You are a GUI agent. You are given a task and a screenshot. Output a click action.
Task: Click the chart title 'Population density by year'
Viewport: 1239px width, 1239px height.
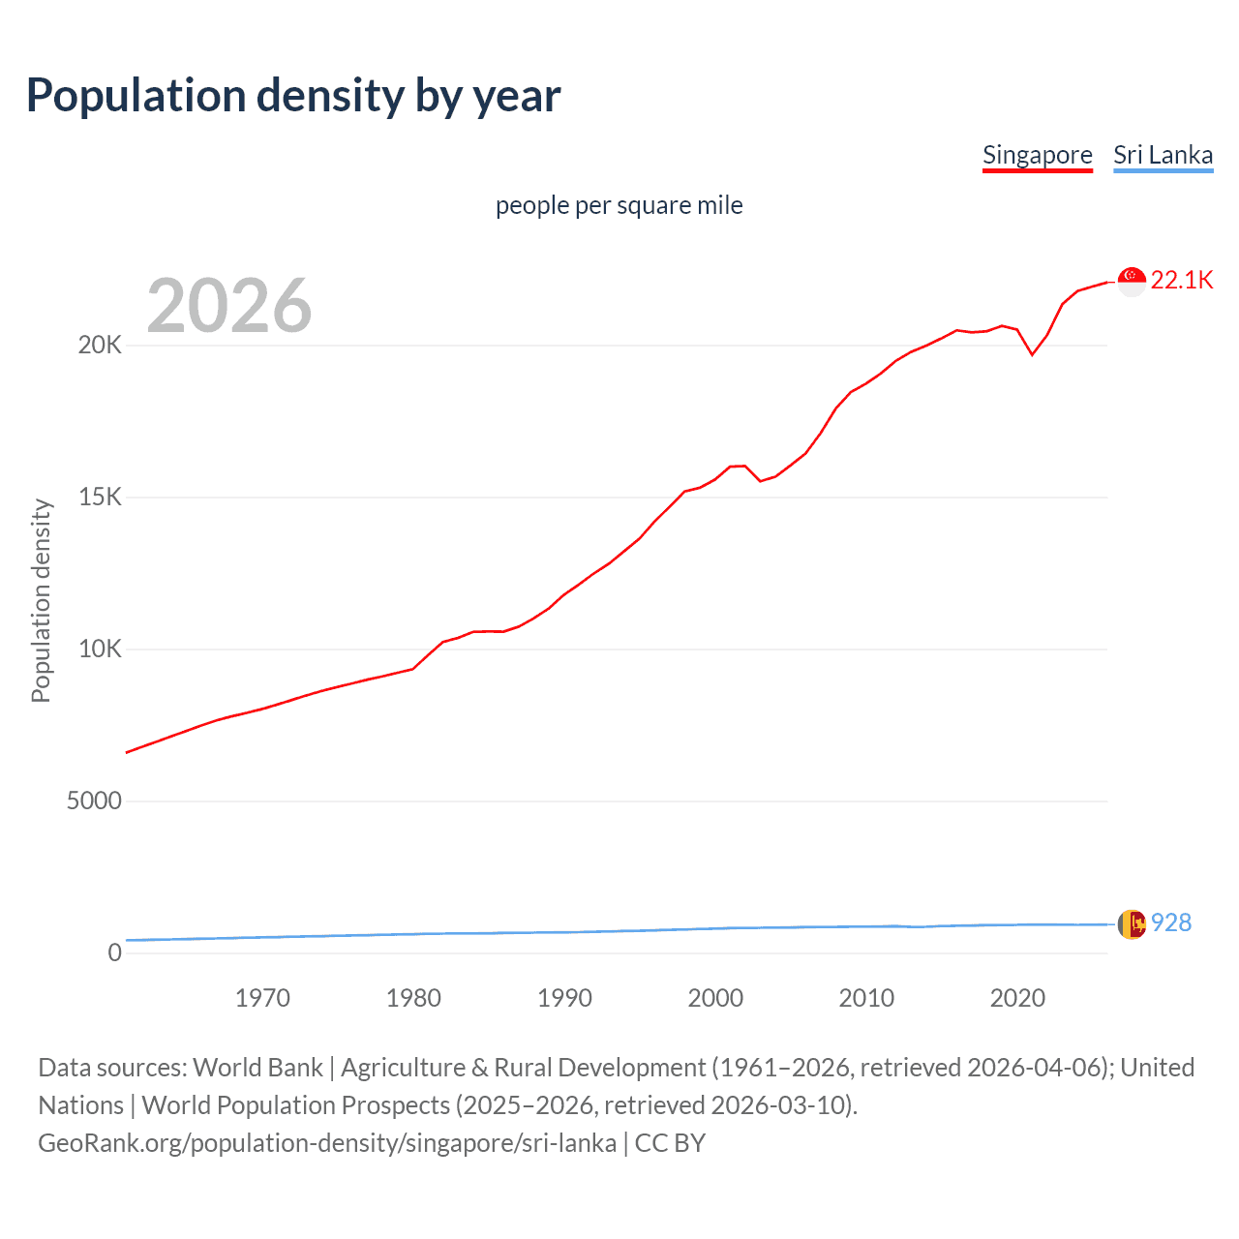click(293, 96)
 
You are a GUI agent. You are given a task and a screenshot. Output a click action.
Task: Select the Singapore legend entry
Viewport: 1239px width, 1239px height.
click(1037, 155)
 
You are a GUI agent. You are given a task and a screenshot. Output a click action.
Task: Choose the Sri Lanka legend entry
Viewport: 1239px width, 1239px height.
click(1163, 155)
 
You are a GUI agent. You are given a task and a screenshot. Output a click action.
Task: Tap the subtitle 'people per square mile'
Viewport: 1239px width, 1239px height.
click(619, 205)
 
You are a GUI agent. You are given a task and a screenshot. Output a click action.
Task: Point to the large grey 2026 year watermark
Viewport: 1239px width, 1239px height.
click(229, 306)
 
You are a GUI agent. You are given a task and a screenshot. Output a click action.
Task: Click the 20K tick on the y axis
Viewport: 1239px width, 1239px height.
click(100, 346)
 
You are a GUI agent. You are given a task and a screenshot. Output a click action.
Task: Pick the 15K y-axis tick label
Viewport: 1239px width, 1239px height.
click(100, 498)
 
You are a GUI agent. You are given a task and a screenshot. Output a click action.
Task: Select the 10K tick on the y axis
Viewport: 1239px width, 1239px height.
click(100, 650)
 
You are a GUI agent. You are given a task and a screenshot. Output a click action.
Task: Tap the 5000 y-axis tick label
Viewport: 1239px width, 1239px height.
click(94, 801)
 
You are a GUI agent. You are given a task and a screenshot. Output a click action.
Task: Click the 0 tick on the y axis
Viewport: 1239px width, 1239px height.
click(115, 953)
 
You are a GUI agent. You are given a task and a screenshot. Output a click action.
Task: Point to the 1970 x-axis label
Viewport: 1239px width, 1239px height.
click(262, 998)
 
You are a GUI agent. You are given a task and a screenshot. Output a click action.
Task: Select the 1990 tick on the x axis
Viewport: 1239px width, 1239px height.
click(564, 998)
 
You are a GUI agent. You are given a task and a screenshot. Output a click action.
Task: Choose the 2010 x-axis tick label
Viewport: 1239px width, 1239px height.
click(866, 998)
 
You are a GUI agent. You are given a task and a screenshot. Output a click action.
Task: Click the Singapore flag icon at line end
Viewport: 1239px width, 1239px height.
click(1132, 282)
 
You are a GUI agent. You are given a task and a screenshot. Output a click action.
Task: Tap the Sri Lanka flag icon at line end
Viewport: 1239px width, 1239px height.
click(1132, 924)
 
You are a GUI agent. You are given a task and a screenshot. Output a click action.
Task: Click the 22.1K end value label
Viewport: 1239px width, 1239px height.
click(1182, 281)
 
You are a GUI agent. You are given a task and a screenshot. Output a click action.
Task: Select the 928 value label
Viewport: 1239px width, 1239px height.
click(1171, 922)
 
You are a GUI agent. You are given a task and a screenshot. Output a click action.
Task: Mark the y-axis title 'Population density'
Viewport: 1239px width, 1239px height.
click(41, 600)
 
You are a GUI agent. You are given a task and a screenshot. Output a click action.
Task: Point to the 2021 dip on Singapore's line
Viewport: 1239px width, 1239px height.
click(1032, 354)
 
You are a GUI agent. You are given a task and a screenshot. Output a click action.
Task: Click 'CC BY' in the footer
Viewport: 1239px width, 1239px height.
click(670, 1143)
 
